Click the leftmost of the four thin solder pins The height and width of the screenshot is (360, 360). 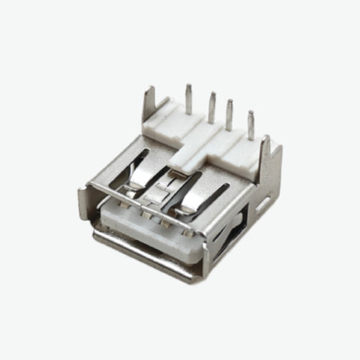coord(188,98)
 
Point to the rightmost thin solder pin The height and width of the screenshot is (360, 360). coord(250,124)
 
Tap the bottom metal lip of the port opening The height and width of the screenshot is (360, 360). coord(142,259)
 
